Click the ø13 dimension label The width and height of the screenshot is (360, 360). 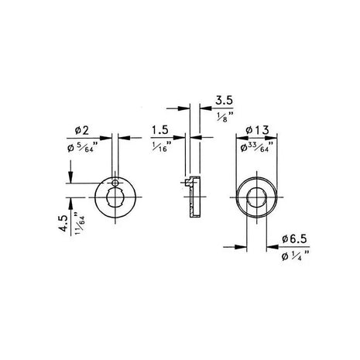[255, 129]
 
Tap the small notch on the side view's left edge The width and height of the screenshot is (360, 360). [187, 184]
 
